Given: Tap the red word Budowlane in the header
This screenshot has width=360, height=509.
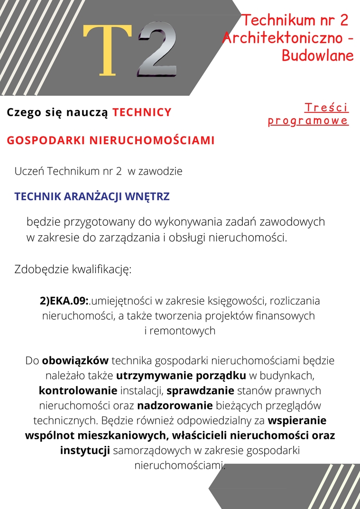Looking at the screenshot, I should pos(318,56).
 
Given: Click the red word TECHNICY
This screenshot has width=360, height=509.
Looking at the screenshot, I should pos(142,112).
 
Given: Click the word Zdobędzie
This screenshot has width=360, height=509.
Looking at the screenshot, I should pos(42,270).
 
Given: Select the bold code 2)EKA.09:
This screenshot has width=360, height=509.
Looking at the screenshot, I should pos(65,301).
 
